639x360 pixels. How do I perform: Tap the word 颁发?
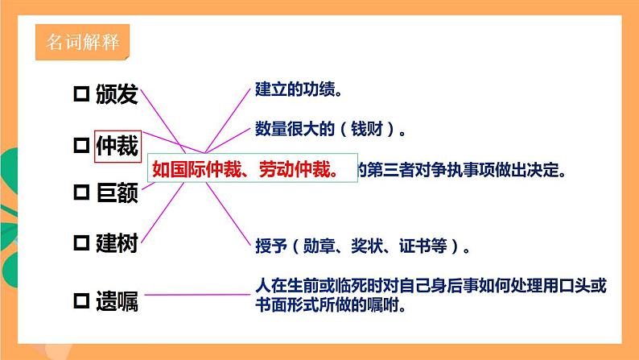[x=117, y=96]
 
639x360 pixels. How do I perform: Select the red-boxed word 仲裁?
[x=117, y=147]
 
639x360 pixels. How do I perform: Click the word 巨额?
[x=117, y=193]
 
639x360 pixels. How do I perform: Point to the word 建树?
[x=117, y=243]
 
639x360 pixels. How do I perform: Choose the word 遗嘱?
[x=117, y=302]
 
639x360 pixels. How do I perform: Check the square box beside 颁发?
[x=80, y=96]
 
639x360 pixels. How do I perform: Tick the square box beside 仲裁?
[x=80, y=147]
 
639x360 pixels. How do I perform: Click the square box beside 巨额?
[x=80, y=193]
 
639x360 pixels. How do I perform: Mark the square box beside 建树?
[x=80, y=243]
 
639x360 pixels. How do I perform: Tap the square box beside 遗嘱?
[x=80, y=302]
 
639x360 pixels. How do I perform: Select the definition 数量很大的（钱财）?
[x=329, y=128]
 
